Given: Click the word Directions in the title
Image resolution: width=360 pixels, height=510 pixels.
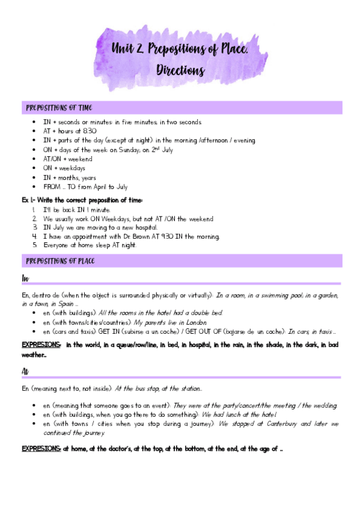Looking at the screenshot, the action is click(x=180, y=70).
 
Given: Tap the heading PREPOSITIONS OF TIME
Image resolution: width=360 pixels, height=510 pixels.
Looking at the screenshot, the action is click(x=58, y=108).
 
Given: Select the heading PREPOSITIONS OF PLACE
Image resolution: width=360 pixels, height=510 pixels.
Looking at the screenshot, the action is click(x=59, y=261).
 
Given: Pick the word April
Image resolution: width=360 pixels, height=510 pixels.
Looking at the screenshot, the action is click(x=90, y=187).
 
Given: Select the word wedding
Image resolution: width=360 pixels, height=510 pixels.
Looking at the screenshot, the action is click(x=325, y=406).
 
